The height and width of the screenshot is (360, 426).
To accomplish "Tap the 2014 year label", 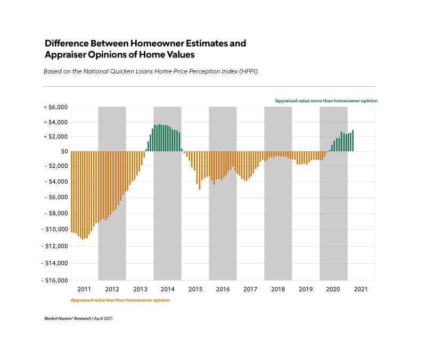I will point(167,289).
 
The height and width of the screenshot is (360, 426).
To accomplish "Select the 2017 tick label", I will point(250,289).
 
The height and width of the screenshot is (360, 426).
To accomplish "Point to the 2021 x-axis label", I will point(361,289).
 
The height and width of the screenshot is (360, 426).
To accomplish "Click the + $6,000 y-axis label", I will point(56,107).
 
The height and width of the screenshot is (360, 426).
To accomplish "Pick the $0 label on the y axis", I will point(64,151).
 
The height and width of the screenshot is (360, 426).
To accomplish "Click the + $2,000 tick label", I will point(56,136).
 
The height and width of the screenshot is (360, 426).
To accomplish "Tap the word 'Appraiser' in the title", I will point(68,54).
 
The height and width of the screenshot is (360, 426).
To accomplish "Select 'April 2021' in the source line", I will point(104,318).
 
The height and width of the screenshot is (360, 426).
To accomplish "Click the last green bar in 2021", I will point(353,141).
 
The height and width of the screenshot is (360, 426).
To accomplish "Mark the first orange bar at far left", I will point(72,192).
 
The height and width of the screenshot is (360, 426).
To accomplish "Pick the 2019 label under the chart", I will point(306,289).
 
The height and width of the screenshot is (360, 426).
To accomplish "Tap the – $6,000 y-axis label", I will point(55,197).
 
